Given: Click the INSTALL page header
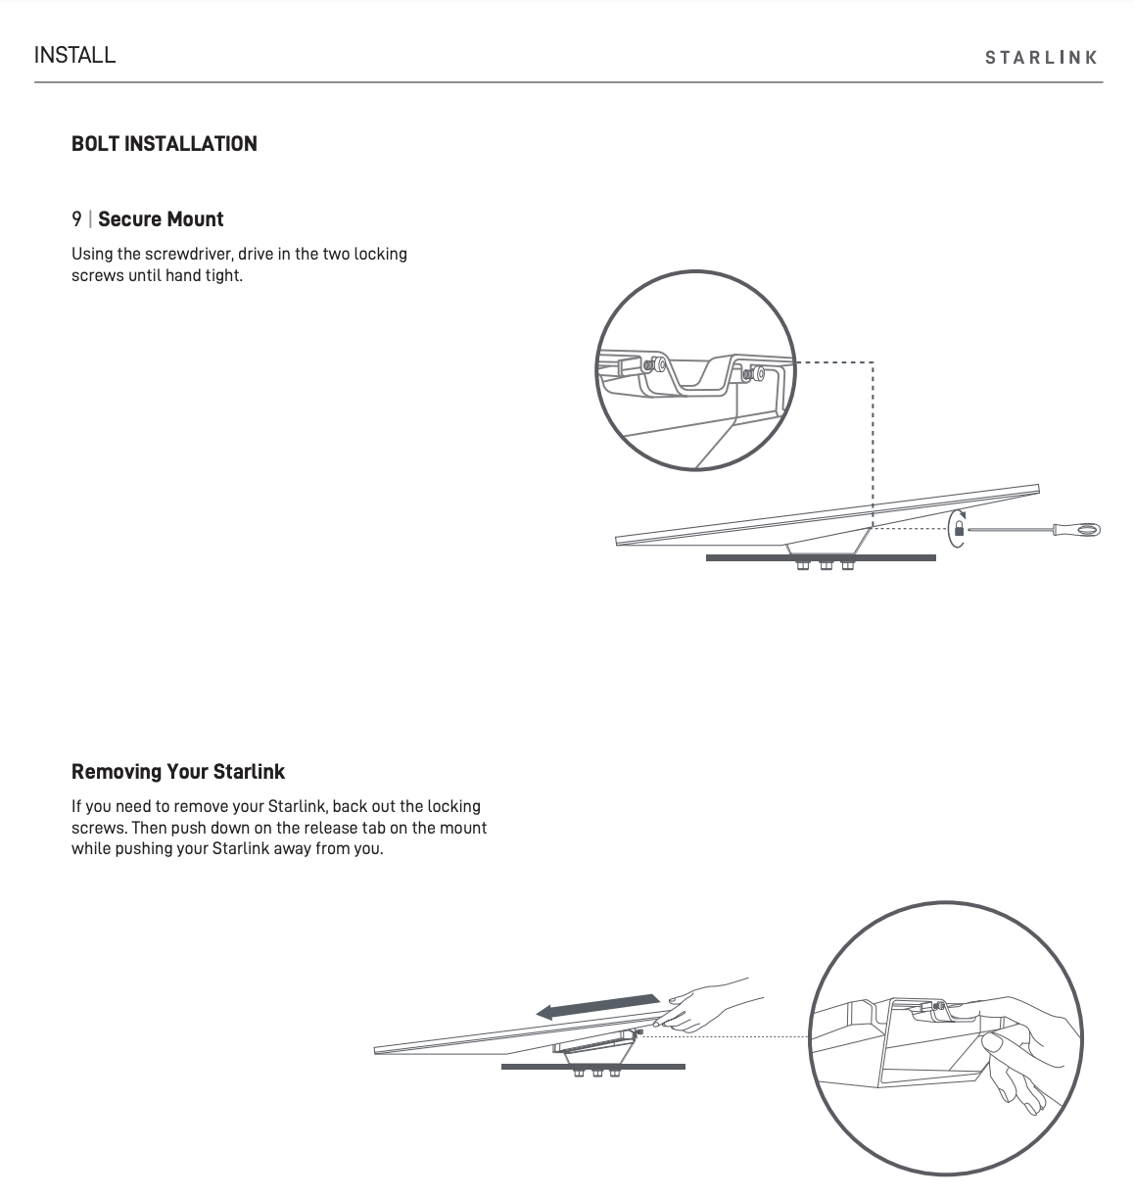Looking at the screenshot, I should tap(74, 55).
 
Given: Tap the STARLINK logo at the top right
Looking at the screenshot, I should tap(1041, 58).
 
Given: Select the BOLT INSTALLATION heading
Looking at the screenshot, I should tap(165, 144).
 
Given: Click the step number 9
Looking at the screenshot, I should tap(76, 219).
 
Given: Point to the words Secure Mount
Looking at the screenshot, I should tap(161, 219).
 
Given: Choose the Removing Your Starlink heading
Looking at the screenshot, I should tap(178, 772).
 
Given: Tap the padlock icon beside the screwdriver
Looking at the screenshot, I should tap(959, 530).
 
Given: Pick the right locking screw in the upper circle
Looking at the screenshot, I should tap(754, 373).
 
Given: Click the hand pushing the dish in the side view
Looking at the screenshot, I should tap(697, 1011).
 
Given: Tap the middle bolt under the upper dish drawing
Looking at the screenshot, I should tap(826, 566).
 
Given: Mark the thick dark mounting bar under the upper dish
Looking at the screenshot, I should tap(821, 557).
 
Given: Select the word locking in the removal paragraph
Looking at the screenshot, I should tap(453, 806).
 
